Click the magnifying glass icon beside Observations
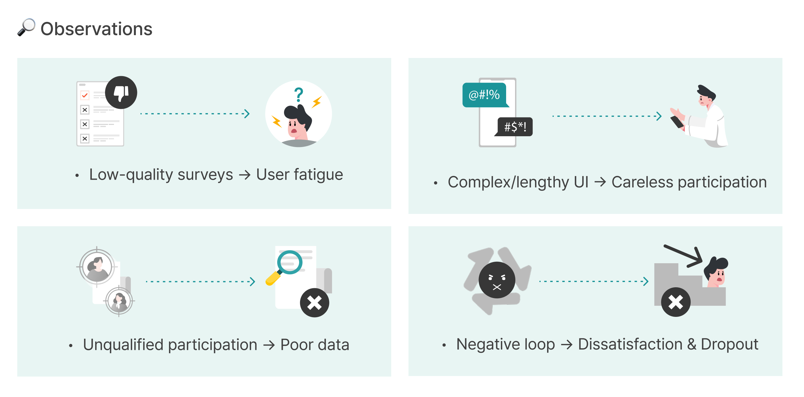pos(26,27)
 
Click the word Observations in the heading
pos(96,29)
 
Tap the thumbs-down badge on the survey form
pos(121,92)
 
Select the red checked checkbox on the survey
pos(85,95)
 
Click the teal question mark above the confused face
pos(299,94)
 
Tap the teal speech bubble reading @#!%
pos(484,95)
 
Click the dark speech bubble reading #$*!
pos(515,127)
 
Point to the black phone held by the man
pos(677,122)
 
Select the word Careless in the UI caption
pos(642,182)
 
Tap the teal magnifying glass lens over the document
pos(290,262)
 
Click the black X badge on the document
pos(314,303)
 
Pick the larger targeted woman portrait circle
pos(97,267)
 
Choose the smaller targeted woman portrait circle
pos(119,301)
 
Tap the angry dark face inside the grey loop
pos(497,280)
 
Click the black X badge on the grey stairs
pos(676,302)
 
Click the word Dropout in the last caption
pos(729,344)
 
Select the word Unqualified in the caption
pos(123,345)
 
